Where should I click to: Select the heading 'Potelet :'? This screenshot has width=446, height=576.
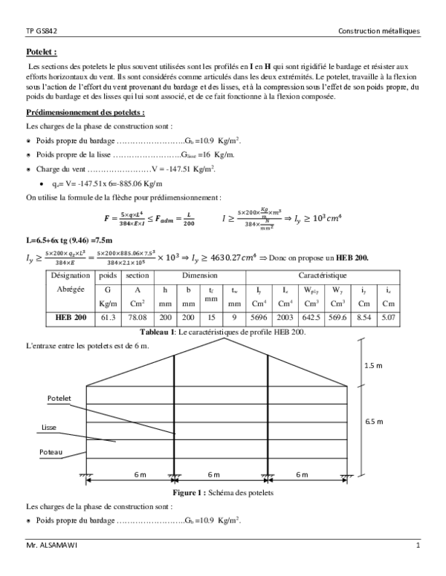point(42,53)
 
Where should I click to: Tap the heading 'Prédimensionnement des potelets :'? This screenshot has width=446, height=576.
point(85,113)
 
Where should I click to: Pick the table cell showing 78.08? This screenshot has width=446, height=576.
point(138,336)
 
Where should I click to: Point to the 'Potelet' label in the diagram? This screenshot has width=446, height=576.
point(59,399)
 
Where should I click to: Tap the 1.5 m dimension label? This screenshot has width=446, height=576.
point(375,366)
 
